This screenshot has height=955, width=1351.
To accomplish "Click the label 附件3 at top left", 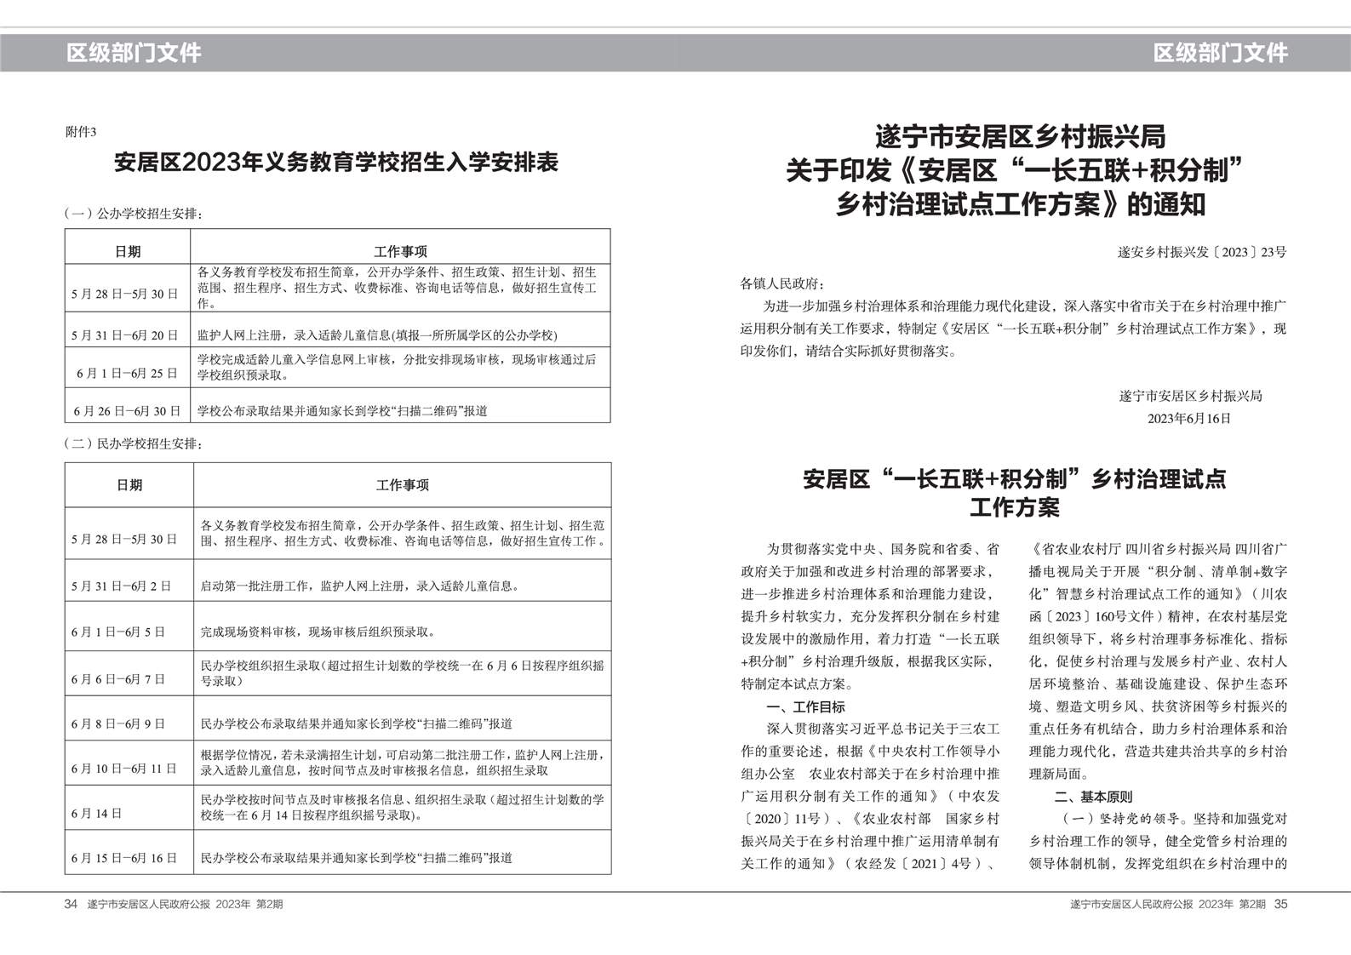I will [x=81, y=132].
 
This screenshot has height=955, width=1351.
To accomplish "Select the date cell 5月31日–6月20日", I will [x=125, y=335].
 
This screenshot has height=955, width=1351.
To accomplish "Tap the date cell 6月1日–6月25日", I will [x=127, y=373].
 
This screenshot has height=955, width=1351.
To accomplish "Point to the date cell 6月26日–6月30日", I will [x=127, y=411].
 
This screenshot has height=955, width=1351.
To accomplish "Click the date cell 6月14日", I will [x=97, y=814].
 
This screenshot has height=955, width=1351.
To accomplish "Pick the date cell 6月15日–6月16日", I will [x=124, y=858].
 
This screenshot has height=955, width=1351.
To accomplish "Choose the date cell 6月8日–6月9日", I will [x=118, y=723].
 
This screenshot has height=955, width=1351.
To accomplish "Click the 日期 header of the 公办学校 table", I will [x=128, y=251].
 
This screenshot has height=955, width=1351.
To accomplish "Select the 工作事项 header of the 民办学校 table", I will [x=402, y=484].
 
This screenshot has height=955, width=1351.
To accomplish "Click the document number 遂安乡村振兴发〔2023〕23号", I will [x=1201, y=252].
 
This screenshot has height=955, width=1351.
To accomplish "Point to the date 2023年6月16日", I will [x=1188, y=418].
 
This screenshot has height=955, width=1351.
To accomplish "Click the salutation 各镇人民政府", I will [x=782, y=283].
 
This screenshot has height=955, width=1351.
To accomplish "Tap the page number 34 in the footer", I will [x=71, y=904].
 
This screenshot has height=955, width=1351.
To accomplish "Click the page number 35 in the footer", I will [x=1280, y=904].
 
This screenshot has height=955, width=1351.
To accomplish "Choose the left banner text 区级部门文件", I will [x=134, y=53].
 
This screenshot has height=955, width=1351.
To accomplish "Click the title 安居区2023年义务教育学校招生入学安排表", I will [x=336, y=163].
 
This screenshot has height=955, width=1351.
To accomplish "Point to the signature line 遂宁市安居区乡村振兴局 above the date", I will [x=1189, y=396].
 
